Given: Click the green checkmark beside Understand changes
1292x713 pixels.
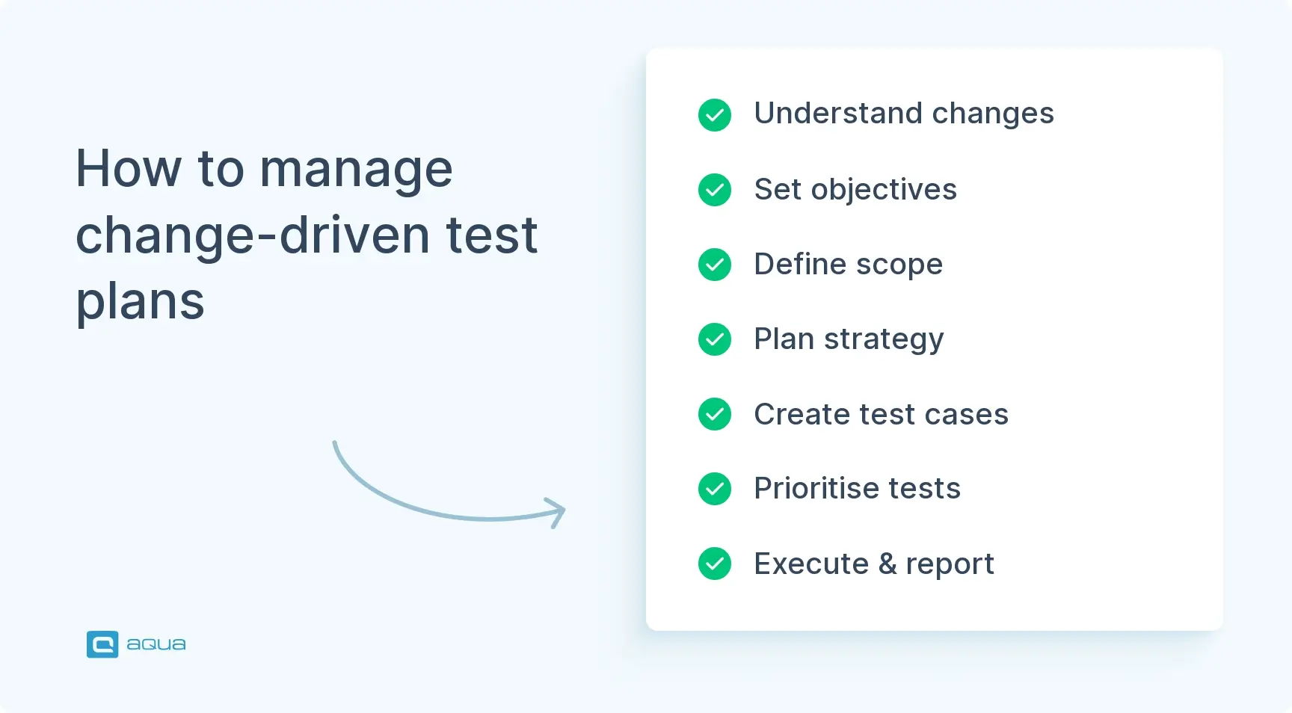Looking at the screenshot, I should tap(715, 115).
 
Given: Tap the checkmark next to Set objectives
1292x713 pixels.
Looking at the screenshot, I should tap(715, 190).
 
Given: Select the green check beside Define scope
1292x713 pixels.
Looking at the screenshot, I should tap(715, 265).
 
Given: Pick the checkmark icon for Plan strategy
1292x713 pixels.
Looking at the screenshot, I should tap(715, 339).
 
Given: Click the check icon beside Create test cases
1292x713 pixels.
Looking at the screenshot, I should tap(715, 414).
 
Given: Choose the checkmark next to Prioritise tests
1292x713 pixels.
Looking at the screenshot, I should tap(715, 489).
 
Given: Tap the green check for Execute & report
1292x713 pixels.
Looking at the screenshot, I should tap(715, 564).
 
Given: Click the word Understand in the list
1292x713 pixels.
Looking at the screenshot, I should tap(837, 114).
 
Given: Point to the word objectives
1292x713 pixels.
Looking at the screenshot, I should tap(884, 190).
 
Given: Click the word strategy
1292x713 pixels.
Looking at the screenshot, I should tap(884, 339).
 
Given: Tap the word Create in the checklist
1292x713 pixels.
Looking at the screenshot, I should tap(802, 414).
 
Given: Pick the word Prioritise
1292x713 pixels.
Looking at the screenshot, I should tap(816, 489).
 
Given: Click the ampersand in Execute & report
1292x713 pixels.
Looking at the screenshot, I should tap(888, 564).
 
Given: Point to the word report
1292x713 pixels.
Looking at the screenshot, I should tap(950, 564).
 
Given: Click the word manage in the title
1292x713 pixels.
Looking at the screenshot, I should tap(356, 169).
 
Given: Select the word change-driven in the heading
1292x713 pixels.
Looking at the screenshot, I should tap(253, 235).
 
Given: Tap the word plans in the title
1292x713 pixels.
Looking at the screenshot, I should tap(140, 301).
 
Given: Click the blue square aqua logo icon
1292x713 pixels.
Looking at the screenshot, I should tap(102, 644).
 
